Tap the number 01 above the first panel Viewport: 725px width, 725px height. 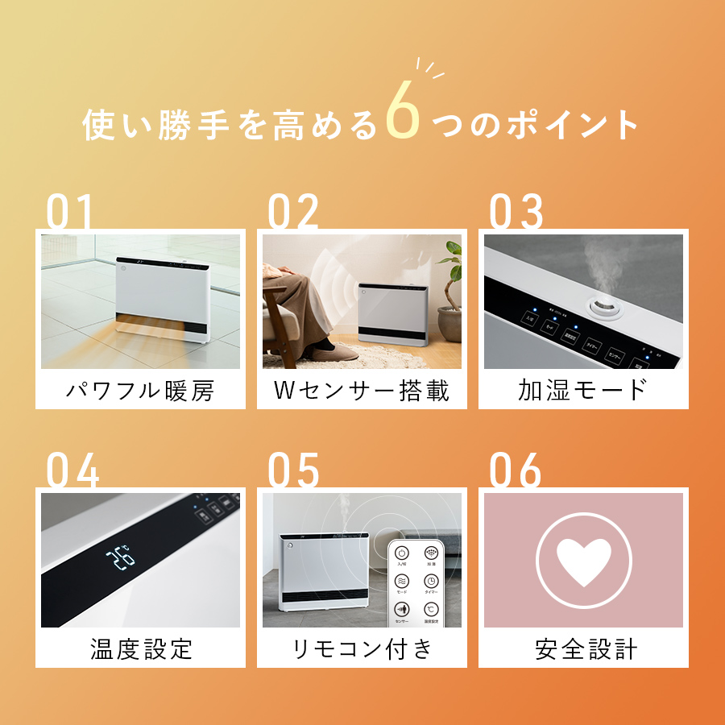[69, 212]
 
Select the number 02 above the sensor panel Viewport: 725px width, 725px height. [293, 212]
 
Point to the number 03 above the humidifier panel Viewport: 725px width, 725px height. [516, 212]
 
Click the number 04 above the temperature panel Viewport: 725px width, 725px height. [72, 470]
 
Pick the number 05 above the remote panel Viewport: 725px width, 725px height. [293, 470]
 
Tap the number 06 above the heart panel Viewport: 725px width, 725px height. [516, 470]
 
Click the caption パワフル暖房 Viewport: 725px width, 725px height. [140, 391]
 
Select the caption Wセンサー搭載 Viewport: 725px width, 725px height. [362, 391]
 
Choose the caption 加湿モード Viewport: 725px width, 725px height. [583, 391]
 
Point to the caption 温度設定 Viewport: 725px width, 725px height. [141, 649]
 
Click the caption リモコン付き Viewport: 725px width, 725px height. [362, 649]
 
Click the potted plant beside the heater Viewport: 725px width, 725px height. [451, 282]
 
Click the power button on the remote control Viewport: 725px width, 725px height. [402, 553]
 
